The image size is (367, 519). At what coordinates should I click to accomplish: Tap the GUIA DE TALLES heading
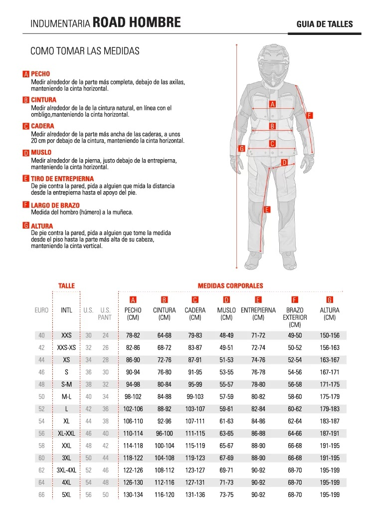(324, 24)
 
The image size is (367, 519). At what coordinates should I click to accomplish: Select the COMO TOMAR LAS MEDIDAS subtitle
(85, 51)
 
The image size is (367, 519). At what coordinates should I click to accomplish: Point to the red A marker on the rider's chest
(272, 104)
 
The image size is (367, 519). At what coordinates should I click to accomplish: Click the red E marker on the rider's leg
(267, 210)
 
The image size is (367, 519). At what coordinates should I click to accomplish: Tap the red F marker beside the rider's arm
(309, 115)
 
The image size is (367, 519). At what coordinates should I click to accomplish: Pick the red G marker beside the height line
(241, 148)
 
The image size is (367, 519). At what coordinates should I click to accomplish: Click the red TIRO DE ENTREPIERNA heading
(62, 179)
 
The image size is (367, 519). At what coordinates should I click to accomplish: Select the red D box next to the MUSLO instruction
(26, 153)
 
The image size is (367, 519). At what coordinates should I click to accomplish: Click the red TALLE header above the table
(66, 286)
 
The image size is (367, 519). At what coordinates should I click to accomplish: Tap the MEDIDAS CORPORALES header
(230, 286)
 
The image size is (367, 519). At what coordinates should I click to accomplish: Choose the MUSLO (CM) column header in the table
(226, 313)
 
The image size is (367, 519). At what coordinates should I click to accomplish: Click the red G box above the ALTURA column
(330, 300)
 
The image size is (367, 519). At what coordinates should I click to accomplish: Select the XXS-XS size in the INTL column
(66, 347)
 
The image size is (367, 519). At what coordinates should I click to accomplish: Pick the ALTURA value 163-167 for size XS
(330, 359)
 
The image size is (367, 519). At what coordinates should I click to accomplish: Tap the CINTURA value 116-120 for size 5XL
(164, 494)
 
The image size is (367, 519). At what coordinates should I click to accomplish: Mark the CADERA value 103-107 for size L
(195, 408)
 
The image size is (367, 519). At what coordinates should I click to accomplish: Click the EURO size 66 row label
(41, 494)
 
